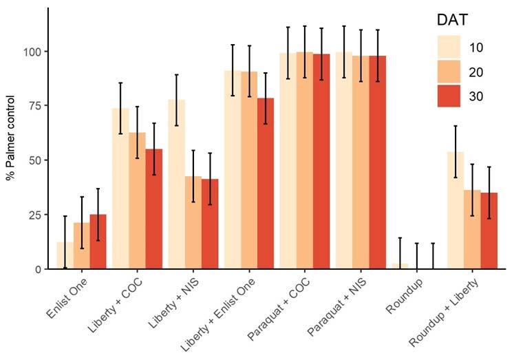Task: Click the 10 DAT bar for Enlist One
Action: [65, 255]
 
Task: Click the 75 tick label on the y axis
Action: [34, 106]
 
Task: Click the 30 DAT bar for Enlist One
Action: [98, 242]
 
